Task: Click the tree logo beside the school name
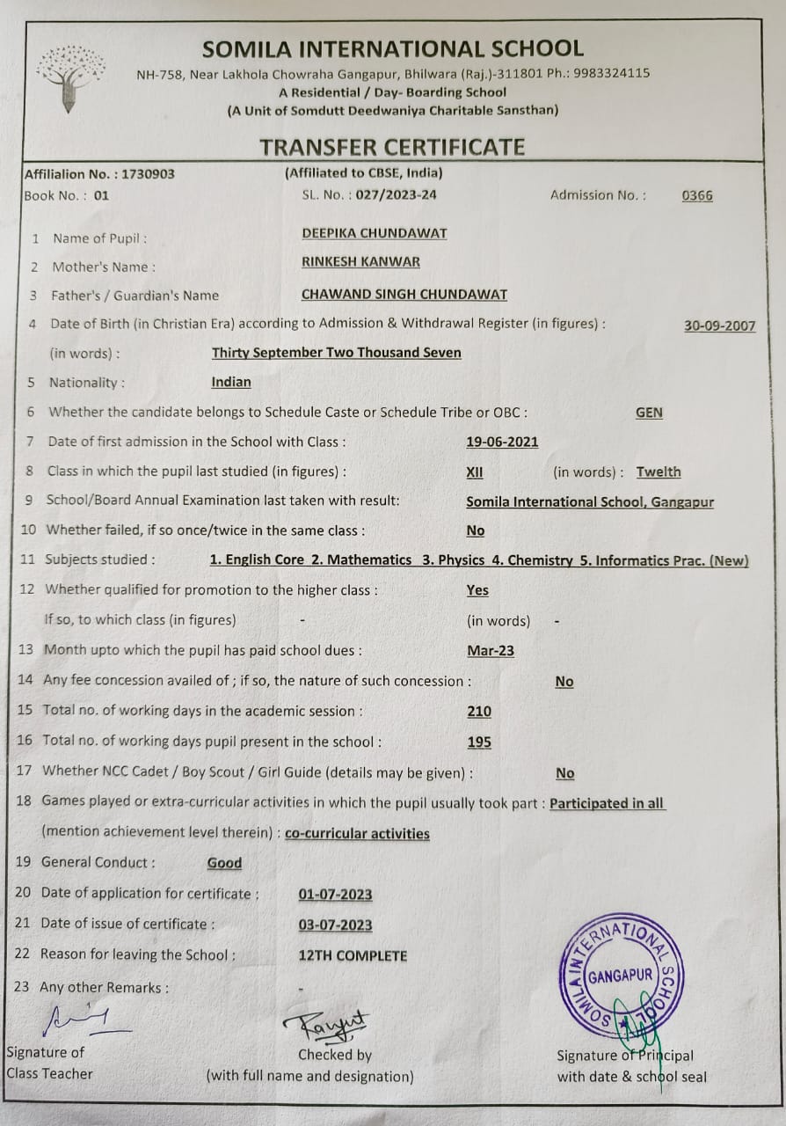tap(70, 77)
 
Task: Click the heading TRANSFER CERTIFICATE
tap(392, 147)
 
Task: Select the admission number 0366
tap(697, 195)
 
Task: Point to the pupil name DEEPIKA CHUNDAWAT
tap(374, 233)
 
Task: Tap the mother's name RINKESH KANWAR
tap(360, 261)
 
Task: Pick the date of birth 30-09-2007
tap(719, 325)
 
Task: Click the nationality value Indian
tap(231, 382)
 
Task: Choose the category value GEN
tap(649, 413)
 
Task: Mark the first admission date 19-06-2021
tap(502, 442)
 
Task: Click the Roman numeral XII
tap(475, 472)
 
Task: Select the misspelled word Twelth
tap(659, 472)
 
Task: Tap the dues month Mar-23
tap(491, 651)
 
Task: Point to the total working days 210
tap(479, 712)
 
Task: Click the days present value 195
tap(479, 742)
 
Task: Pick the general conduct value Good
tap(224, 863)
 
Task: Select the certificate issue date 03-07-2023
tap(335, 925)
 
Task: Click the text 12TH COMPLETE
tap(353, 955)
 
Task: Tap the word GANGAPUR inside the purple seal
tap(621, 976)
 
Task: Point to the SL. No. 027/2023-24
tap(368, 195)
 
